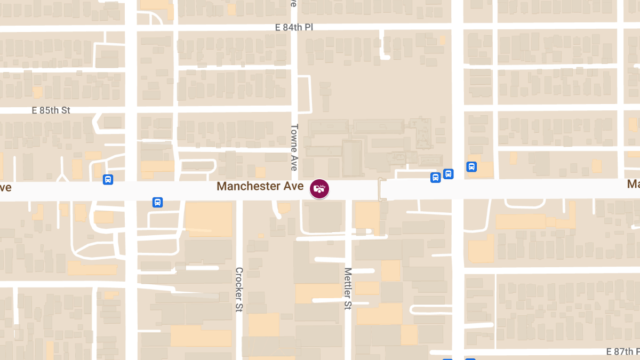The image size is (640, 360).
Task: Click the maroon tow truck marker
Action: [x=320, y=189]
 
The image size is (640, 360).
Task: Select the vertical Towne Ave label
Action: [x=294, y=147]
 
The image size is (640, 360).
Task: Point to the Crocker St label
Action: [x=239, y=290]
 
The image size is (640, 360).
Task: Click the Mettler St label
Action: [x=348, y=289]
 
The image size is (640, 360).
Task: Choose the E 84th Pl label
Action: [x=294, y=27]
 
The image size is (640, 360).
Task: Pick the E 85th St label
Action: [x=51, y=110]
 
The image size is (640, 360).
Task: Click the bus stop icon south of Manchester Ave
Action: [x=157, y=202]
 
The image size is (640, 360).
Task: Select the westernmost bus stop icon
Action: [x=108, y=180]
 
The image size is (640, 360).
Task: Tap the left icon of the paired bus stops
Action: [x=435, y=177]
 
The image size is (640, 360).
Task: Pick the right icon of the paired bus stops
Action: [x=448, y=173]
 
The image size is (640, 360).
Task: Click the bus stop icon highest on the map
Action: [x=471, y=166]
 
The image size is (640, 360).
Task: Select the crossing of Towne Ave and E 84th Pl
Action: [x=294, y=25]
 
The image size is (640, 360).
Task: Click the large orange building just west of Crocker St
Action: [x=209, y=219]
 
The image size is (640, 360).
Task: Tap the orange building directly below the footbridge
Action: [x=367, y=216]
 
